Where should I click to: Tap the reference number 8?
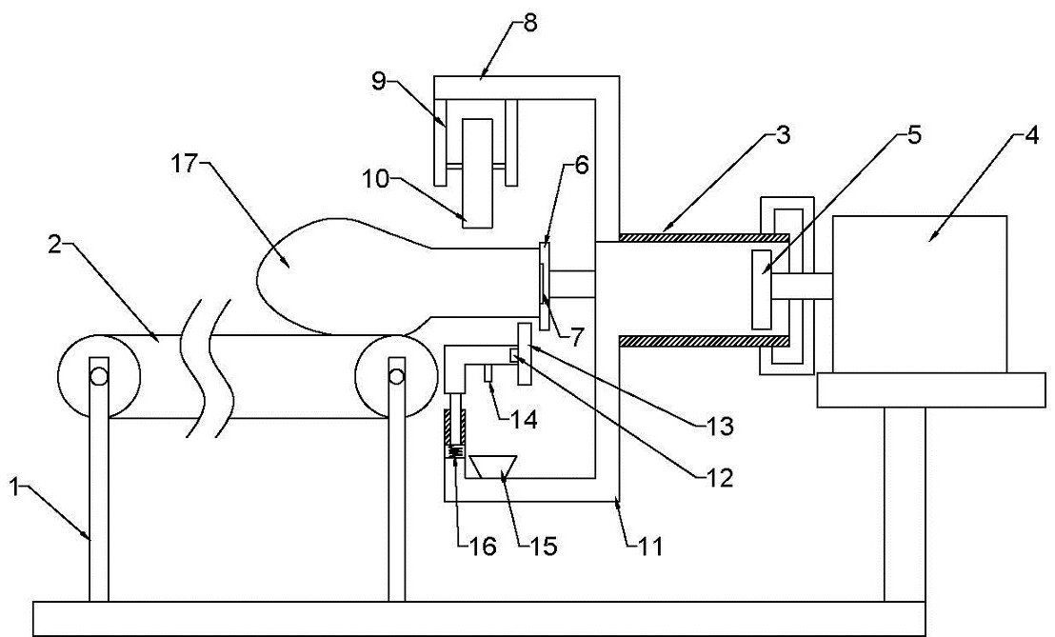click(530, 24)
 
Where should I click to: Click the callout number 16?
click(483, 546)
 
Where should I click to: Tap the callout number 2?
click(56, 244)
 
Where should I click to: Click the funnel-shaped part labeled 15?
click(492, 466)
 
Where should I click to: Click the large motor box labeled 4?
click(919, 294)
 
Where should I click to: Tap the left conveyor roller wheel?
click(99, 377)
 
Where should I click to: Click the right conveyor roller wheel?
click(397, 377)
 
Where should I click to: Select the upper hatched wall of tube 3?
click(703, 237)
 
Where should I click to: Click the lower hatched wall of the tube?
click(703, 341)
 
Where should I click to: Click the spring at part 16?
click(455, 452)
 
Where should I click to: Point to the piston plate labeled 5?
click(762, 289)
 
